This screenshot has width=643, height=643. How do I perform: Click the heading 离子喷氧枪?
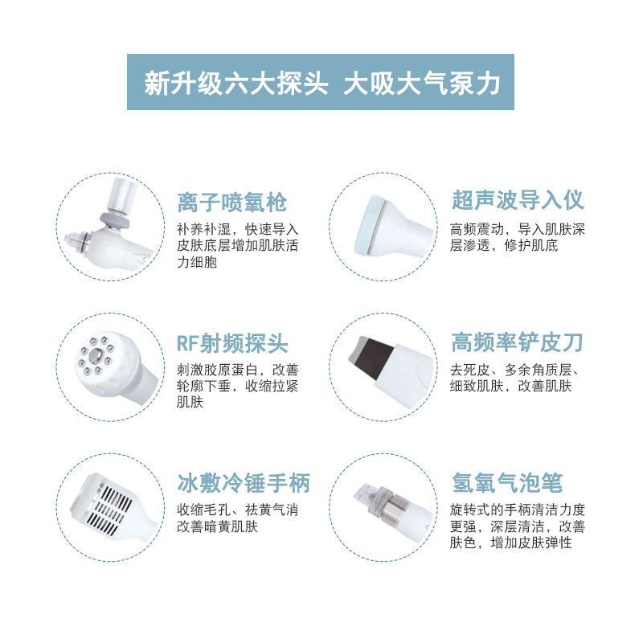(x=232, y=203)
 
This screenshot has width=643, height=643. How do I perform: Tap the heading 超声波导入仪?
(x=518, y=200)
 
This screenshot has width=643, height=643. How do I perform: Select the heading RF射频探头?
(x=232, y=343)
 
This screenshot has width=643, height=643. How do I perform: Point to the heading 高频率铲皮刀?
(x=517, y=342)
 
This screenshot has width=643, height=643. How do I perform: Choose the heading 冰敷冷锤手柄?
(x=244, y=483)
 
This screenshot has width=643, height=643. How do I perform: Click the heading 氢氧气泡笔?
(x=507, y=483)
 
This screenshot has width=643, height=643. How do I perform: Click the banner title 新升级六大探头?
(x=235, y=84)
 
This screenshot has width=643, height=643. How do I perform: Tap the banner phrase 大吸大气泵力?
(x=421, y=84)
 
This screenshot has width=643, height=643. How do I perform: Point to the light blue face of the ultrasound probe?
(x=368, y=226)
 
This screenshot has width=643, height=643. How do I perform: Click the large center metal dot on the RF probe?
(x=96, y=355)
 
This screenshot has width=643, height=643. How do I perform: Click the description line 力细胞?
(x=197, y=262)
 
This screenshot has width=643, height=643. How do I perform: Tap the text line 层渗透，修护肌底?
(x=504, y=245)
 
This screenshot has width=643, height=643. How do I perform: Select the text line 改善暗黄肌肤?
(x=217, y=526)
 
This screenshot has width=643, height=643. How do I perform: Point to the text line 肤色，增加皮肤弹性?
(x=511, y=543)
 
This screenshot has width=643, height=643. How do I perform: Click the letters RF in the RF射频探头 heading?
(x=187, y=344)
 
